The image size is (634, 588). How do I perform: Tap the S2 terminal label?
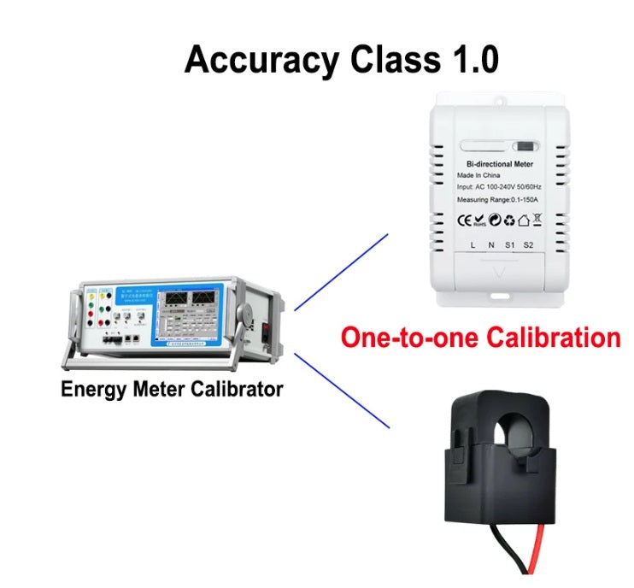click(x=527, y=246)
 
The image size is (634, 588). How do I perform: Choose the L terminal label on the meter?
click(x=473, y=246)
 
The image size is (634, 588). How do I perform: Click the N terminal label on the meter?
click(x=490, y=246)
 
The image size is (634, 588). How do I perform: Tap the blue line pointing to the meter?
click(x=341, y=271)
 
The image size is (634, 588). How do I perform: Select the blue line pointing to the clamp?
click(x=341, y=390)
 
